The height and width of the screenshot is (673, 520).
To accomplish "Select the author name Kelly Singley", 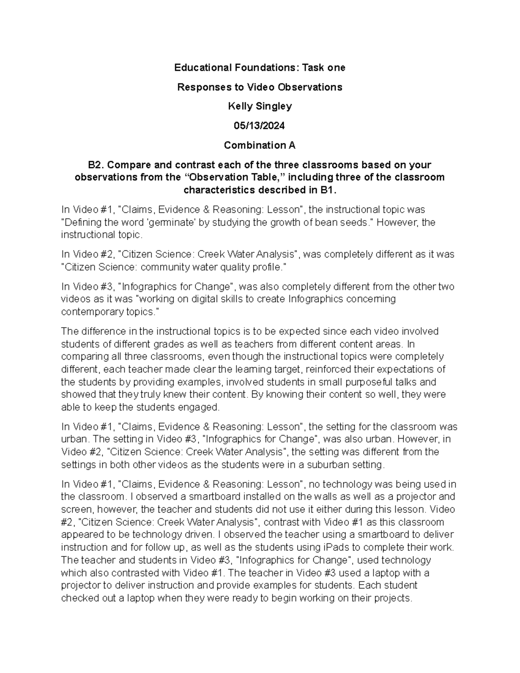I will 260,106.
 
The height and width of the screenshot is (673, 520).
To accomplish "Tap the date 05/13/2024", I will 260,126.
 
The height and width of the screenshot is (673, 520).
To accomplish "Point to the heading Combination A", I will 260,145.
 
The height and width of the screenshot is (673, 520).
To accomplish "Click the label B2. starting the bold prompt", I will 96,165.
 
